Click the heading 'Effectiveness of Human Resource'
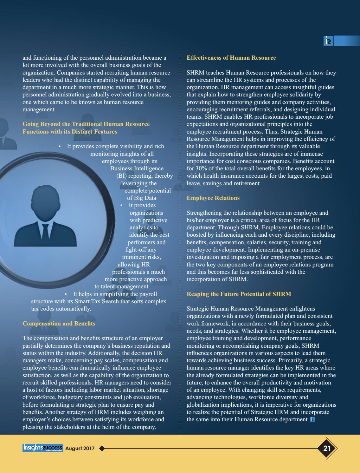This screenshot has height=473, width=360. point(231,58)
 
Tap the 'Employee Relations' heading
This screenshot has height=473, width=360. point(213,198)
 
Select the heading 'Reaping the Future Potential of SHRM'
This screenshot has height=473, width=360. point(239,294)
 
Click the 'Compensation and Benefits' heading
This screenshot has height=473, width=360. point(59,324)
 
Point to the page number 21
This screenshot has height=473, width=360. point(327,448)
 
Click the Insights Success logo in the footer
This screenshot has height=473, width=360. point(43,448)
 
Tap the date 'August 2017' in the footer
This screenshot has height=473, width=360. point(80,449)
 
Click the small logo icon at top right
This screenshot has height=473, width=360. point(328,41)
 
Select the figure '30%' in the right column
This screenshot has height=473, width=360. point(202,168)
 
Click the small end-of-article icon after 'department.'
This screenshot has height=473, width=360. point(312,419)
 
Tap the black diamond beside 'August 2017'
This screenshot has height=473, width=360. point(102,448)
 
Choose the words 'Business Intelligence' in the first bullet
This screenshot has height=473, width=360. point(137,168)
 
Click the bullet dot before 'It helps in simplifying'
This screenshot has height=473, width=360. point(66,294)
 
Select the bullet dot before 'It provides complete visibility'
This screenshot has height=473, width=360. point(60,146)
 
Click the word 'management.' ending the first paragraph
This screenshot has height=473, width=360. point(39,109)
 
